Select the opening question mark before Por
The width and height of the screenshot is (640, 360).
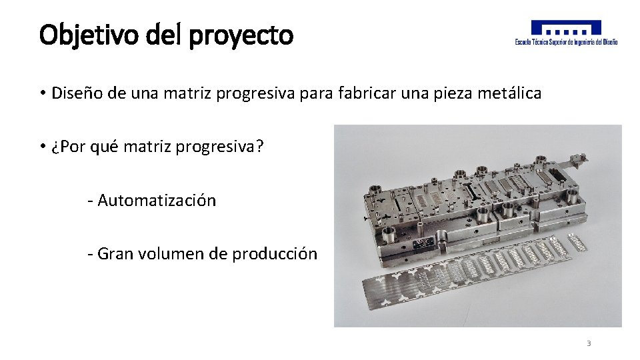pyautogui.click(x=54, y=146)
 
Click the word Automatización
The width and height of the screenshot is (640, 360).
pyautogui.click(x=157, y=201)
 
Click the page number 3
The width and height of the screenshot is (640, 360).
pyautogui.click(x=589, y=343)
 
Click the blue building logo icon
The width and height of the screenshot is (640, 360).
pyautogui.click(x=566, y=28)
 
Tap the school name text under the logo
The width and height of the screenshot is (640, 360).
pyautogui.click(x=566, y=42)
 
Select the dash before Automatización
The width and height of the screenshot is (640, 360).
pyautogui.click(x=90, y=201)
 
